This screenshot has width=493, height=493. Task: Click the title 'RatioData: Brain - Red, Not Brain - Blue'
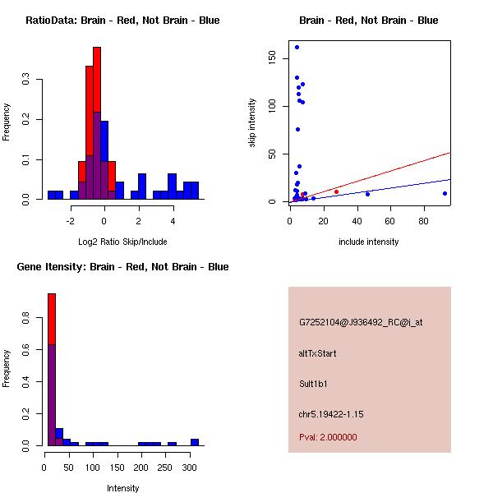tap(122, 21)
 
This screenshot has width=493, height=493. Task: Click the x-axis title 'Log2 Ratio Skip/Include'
tap(122, 242)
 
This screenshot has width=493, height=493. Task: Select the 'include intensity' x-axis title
tap(369, 242)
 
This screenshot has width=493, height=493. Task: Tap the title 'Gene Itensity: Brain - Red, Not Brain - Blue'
tap(122, 267)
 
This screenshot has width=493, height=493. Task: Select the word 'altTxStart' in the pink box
tap(318, 353)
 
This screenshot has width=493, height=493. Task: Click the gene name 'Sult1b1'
tap(314, 384)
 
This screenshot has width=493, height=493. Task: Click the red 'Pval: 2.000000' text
tap(328, 437)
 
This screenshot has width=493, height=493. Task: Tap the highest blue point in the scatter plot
tap(297, 47)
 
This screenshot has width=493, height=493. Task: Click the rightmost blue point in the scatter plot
tap(445, 193)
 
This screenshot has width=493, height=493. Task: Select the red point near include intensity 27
tap(336, 191)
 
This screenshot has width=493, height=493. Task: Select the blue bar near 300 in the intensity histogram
tap(195, 442)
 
